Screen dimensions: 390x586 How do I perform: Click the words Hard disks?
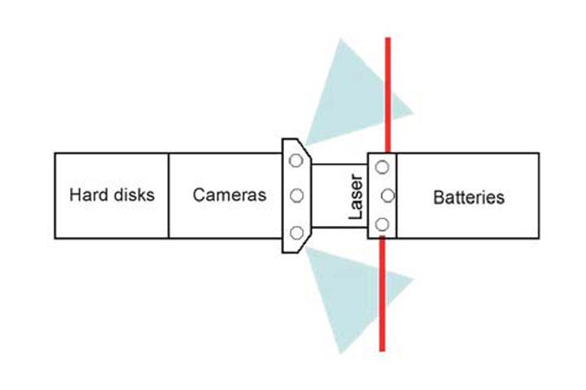click(x=112, y=196)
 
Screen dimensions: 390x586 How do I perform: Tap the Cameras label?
click(x=230, y=196)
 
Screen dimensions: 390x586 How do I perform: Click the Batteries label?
click(x=469, y=197)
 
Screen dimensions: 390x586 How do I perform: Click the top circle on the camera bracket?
click(x=296, y=161)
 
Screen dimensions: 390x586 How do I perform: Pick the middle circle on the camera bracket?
click(x=296, y=196)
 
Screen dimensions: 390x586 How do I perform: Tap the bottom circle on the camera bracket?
click(x=296, y=233)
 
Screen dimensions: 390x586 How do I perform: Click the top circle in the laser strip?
click(x=382, y=167)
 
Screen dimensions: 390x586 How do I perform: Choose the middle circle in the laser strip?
click(x=387, y=196)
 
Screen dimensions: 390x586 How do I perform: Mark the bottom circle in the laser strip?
click(x=382, y=224)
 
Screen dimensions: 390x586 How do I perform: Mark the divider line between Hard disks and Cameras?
click(x=168, y=196)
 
